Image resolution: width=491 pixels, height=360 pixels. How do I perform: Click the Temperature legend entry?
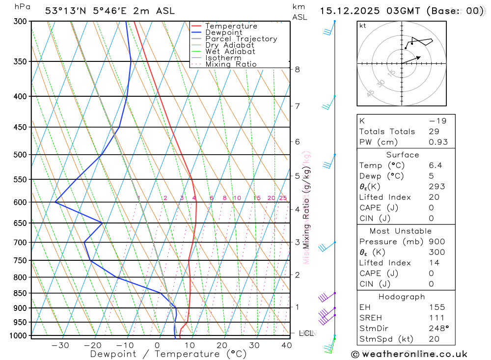(231, 26)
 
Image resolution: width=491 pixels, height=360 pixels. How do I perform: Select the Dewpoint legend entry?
(224, 32)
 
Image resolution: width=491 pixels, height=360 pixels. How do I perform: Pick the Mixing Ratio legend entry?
(231, 64)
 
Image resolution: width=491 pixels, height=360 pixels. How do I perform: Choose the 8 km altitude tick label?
(298, 69)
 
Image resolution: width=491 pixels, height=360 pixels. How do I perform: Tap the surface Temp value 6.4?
(435, 166)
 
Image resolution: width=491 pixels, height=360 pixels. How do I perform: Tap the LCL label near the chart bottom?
(306, 333)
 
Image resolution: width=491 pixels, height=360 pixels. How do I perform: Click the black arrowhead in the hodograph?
(418, 58)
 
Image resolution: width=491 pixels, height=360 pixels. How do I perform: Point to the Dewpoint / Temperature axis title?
(168, 354)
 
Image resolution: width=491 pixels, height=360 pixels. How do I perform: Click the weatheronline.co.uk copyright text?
(409, 354)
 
